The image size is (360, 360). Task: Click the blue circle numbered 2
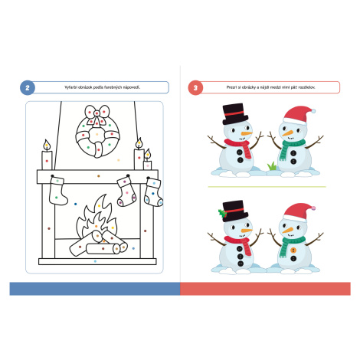tap(28, 88)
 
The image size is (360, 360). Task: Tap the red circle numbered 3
tap(195, 88)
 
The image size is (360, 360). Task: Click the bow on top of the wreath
tap(97, 116)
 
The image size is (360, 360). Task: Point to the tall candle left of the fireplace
tap(47, 155)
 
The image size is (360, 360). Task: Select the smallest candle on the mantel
tap(147, 160)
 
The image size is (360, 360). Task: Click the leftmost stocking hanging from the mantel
tap(57, 191)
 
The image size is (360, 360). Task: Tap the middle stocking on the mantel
tap(126, 191)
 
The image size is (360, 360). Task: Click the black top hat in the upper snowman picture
tap(235, 114)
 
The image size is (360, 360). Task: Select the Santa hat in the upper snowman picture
tap(298, 116)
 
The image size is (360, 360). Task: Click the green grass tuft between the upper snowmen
tap(272, 166)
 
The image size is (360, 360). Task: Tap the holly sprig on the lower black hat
tap(222, 213)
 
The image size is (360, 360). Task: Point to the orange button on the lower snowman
tap(293, 250)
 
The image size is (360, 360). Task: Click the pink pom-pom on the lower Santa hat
tap(313, 208)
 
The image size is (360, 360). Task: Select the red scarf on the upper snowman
tap(239, 147)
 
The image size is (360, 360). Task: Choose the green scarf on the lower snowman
tap(290, 246)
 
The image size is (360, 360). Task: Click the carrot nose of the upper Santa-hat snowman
tap(287, 133)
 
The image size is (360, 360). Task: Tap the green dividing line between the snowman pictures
tap(267, 187)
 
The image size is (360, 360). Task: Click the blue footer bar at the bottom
tap(95, 289)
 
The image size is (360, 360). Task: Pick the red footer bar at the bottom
tap(265, 289)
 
